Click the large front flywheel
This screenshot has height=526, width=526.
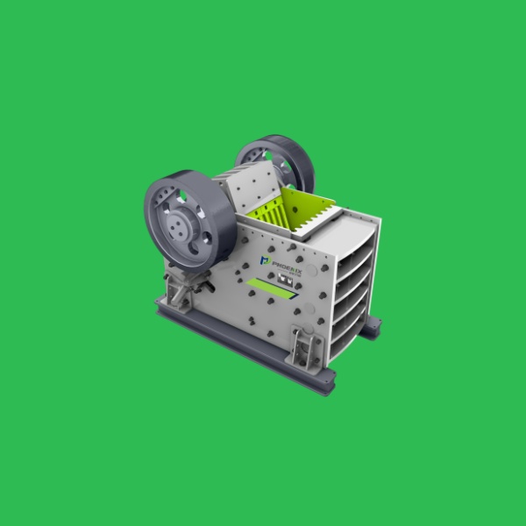pyautogui.click(x=188, y=219)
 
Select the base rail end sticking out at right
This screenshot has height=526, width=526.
pyautogui.click(x=373, y=326)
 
